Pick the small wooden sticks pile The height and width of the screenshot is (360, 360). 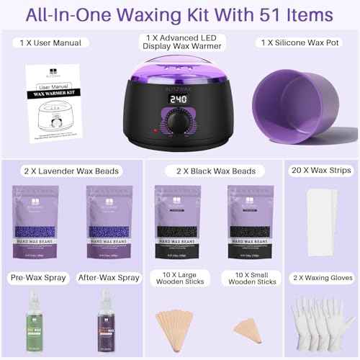(245, 315)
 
